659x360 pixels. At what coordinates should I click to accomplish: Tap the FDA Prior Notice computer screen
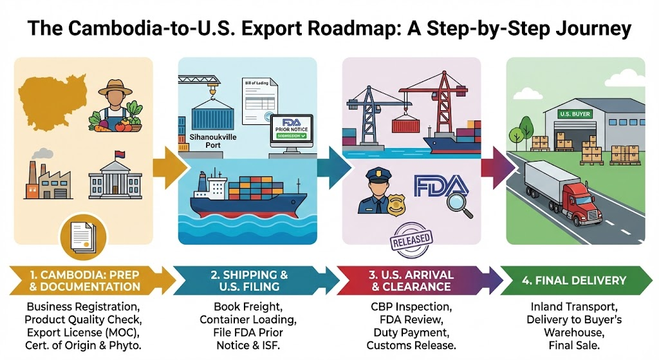point(290,129)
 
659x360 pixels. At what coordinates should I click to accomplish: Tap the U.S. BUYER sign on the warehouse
point(567,114)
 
